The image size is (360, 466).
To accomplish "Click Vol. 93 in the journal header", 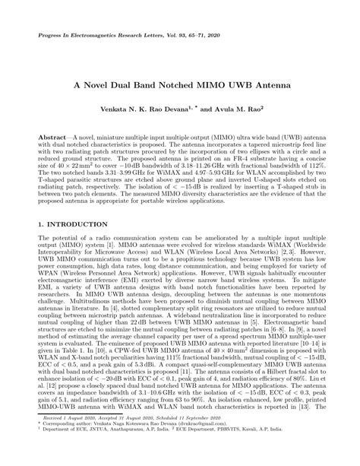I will (178, 36).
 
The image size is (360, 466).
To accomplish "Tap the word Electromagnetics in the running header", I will (95, 36).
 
